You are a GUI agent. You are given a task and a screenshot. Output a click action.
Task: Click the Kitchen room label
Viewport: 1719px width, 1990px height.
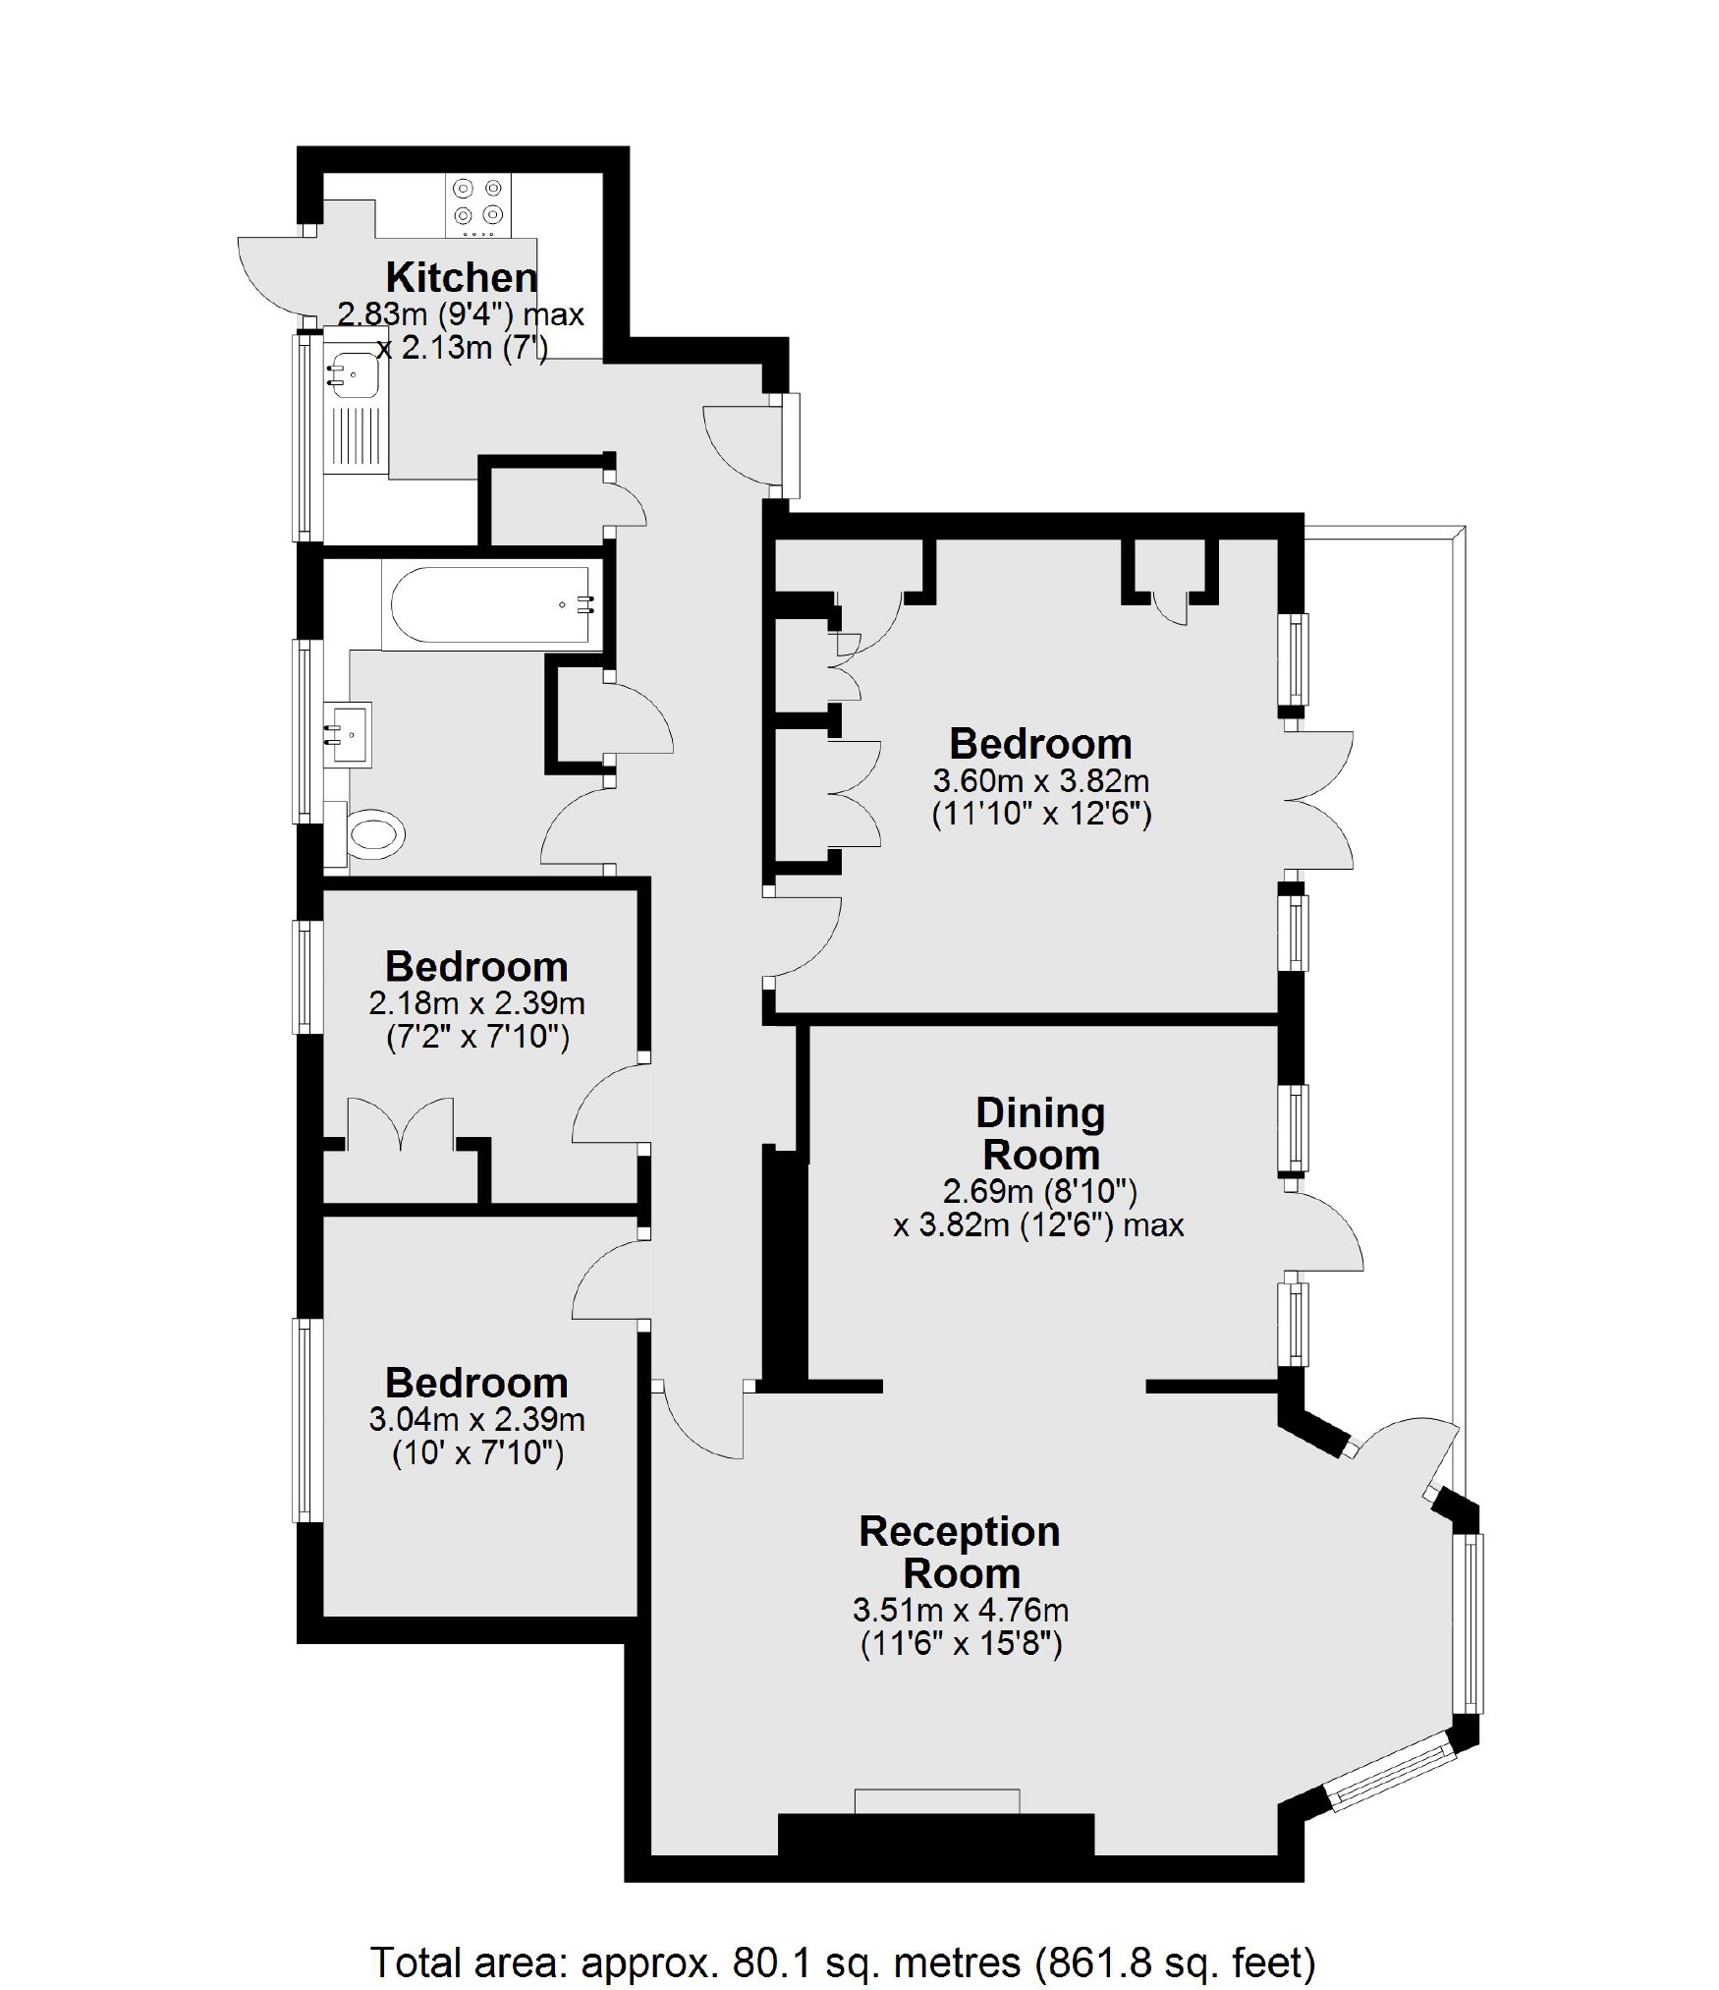point(461,277)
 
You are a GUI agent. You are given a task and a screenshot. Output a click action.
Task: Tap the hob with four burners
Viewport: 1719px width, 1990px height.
point(477,204)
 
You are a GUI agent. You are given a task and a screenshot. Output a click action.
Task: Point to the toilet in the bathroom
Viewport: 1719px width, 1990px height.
point(375,835)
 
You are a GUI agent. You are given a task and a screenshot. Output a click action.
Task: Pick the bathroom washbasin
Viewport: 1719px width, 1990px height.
point(350,733)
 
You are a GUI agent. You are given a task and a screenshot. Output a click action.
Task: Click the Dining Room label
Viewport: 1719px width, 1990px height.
point(1040,1133)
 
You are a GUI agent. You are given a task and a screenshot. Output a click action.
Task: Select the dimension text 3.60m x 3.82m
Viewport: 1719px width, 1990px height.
point(1040,781)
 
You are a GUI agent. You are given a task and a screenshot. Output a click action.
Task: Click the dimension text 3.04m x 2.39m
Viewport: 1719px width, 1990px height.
point(476,1419)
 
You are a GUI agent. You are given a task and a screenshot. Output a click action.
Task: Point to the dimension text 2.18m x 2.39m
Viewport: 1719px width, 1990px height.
point(476,1003)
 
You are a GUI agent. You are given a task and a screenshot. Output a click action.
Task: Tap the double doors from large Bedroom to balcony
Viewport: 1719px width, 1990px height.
point(1322,800)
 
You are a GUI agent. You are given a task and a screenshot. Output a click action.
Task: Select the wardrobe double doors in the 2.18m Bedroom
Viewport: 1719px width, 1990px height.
point(401,1124)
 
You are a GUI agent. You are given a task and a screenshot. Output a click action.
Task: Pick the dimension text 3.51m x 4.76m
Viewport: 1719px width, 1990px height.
point(960,1610)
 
